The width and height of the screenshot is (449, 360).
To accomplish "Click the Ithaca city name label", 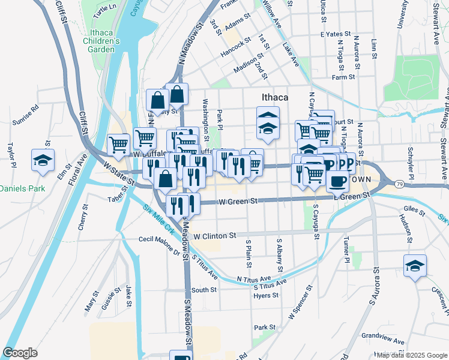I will tap(275, 97).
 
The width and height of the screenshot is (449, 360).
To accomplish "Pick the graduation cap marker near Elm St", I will tap(43, 160).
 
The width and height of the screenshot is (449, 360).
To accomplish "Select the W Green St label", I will tap(238, 202).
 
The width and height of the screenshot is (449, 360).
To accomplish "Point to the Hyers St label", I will tap(266, 295).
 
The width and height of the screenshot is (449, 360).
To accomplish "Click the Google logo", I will tap(20, 353).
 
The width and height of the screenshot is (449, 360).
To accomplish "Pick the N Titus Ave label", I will tap(254, 279).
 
